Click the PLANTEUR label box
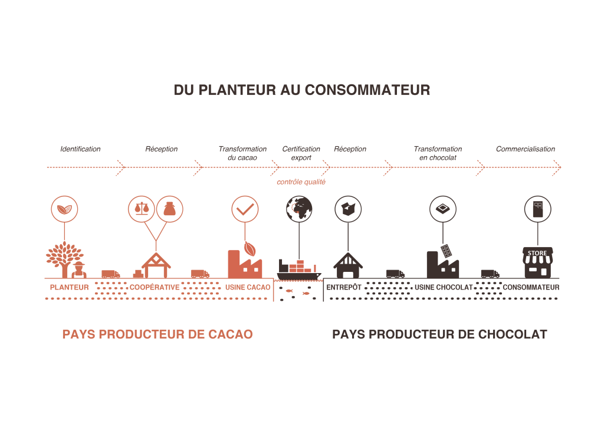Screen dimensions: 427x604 point(69,287)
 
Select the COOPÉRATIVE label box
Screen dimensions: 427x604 point(155,287)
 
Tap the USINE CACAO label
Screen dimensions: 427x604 point(247,287)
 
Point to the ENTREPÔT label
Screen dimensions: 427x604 point(344,287)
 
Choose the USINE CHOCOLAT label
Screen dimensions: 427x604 point(444,287)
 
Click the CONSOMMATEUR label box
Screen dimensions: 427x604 point(531,287)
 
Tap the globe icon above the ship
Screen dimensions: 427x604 point(299,208)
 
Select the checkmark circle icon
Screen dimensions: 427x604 point(245,209)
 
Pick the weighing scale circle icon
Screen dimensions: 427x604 point(142,209)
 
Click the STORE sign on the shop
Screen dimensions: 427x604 point(537,253)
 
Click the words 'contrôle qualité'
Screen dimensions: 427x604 point(301,182)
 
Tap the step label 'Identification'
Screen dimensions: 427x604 point(80,149)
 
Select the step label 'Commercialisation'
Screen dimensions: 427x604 point(525,149)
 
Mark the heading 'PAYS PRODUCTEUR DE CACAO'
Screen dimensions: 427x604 point(157,334)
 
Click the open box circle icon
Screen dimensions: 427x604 point(348,209)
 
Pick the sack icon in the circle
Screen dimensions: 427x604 point(170,209)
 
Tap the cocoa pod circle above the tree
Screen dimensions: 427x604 point(64,209)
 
